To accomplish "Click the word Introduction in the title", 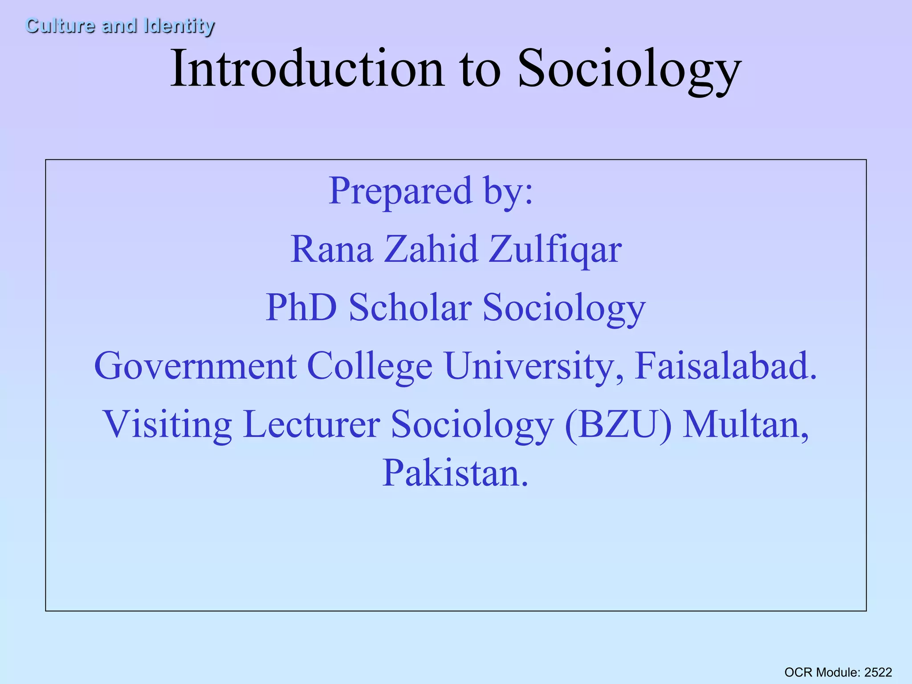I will coord(307,69).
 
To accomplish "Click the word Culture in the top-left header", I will coord(60,25).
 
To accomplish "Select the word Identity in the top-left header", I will coord(179,26).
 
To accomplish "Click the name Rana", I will coord(331,249).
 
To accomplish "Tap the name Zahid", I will coord(430,249).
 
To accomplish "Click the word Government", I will coord(195,366).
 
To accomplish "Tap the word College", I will coord(370,367).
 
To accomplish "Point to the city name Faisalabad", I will coord(725,366).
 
